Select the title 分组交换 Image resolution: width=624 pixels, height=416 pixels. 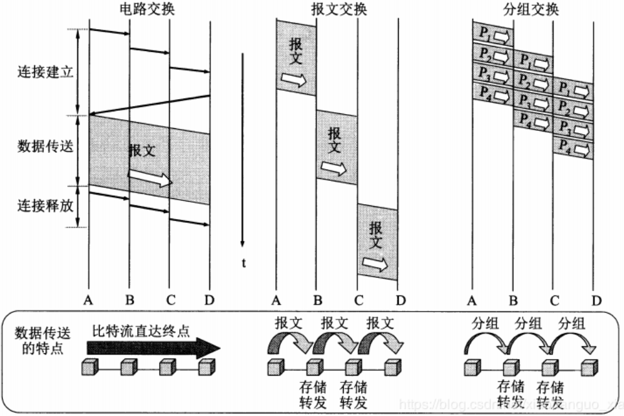(x=534, y=10)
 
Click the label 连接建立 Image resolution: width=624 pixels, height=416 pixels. (x=45, y=71)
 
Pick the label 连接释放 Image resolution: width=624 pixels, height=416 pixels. (x=45, y=206)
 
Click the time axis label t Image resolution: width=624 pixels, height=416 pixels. (x=243, y=262)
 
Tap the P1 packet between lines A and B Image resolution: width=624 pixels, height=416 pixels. (x=493, y=34)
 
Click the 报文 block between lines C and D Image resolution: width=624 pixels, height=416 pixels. (x=377, y=241)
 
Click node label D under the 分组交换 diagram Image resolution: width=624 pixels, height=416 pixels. (x=596, y=300)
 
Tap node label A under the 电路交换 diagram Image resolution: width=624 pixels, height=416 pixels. (x=89, y=300)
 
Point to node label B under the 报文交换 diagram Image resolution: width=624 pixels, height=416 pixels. (x=317, y=300)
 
